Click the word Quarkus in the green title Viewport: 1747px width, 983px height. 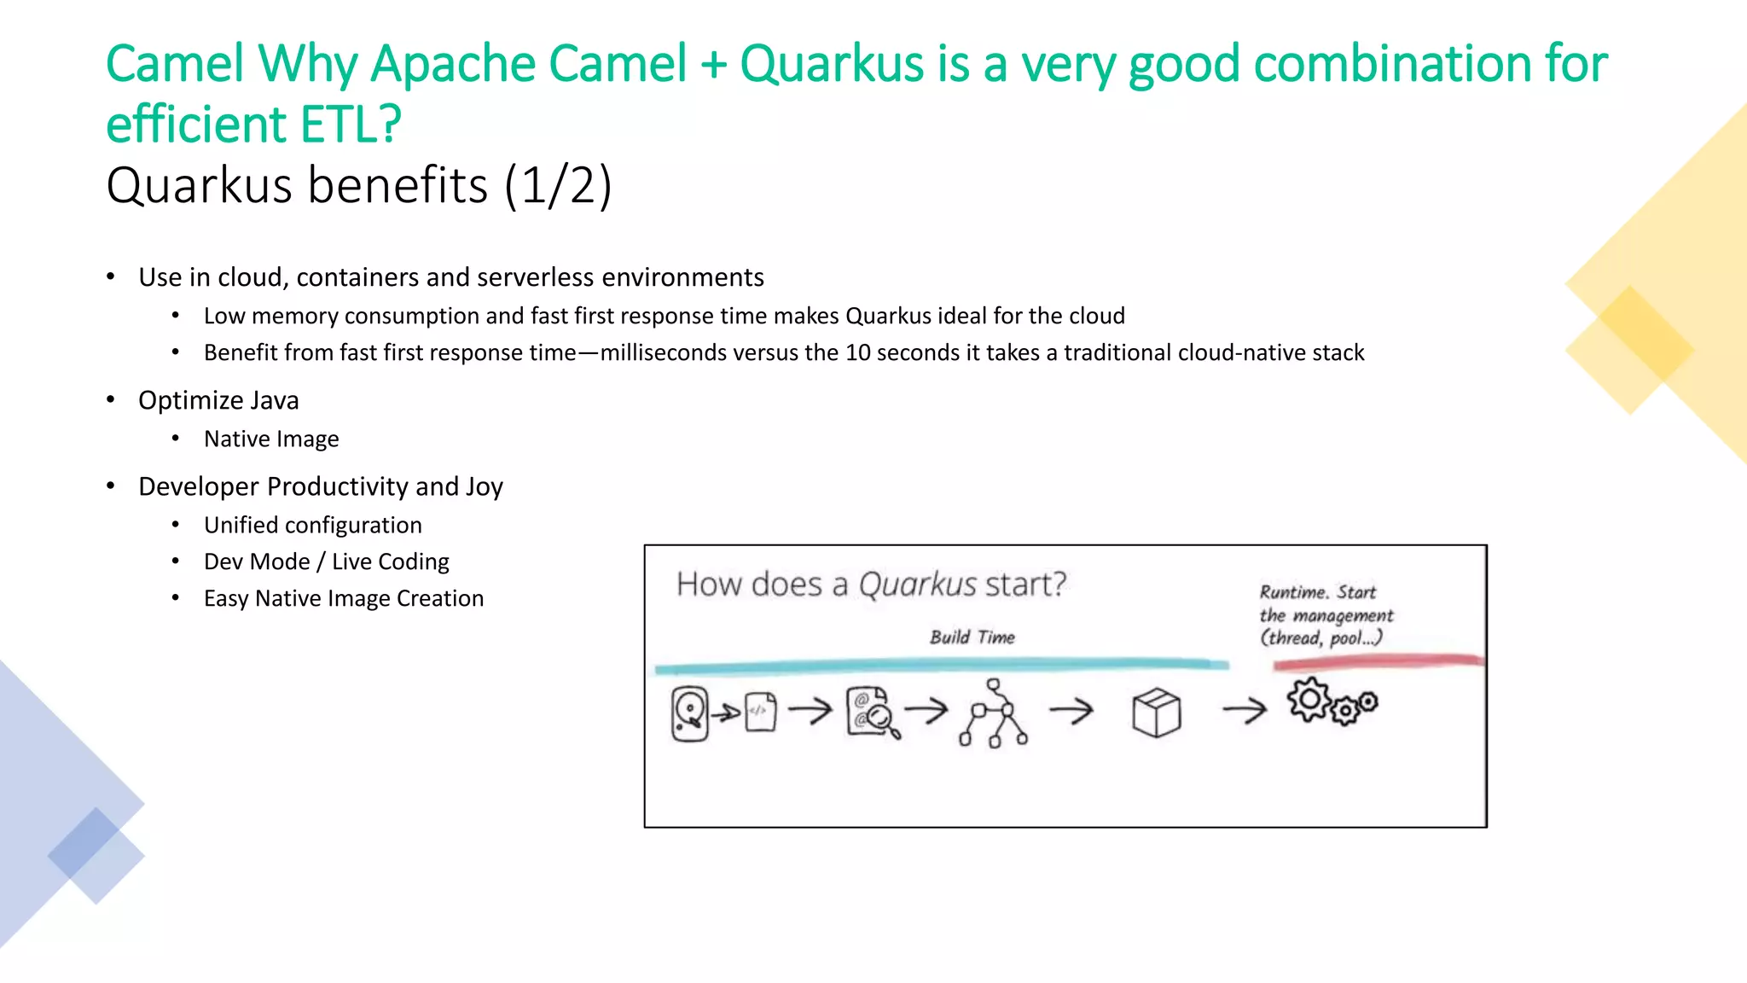[x=832, y=64]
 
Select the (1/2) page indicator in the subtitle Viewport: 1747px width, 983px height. [x=558, y=185]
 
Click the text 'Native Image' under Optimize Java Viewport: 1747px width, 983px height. [x=271, y=439]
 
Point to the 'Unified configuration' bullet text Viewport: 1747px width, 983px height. [x=312, y=525]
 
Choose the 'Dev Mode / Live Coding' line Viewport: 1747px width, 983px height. [x=326, y=561]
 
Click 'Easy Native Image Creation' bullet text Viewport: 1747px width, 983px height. [x=343, y=598]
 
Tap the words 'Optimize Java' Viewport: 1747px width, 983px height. [x=218, y=400]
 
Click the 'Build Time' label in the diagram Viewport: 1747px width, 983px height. [x=972, y=637]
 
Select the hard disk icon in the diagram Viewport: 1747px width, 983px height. [x=690, y=713]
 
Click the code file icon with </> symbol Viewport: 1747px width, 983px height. [x=760, y=712]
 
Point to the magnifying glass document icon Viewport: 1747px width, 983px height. [x=873, y=713]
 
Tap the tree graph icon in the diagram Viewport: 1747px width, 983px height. [x=994, y=713]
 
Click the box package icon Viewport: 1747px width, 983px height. [x=1156, y=713]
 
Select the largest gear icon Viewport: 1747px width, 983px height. [x=1309, y=700]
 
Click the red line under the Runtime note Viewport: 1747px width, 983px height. [x=1378, y=661]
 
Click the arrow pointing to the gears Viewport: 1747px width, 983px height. [x=1245, y=709]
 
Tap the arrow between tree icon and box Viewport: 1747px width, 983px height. [x=1071, y=709]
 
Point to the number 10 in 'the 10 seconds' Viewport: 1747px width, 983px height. [x=857, y=352]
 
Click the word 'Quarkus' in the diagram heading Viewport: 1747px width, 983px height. [x=917, y=585]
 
